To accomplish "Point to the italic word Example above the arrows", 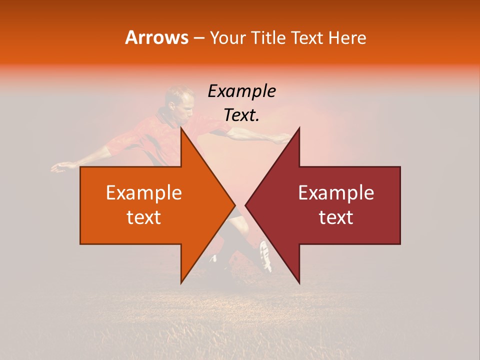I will (x=241, y=91).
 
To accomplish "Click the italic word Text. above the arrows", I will (x=241, y=115).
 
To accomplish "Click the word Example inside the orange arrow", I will (x=144, y=193).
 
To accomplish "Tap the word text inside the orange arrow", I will (x=144, y=217).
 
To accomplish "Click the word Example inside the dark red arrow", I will (x=336, y=193).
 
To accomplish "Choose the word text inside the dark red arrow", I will (x=336, y=217).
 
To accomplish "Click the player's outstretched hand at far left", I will (x=59, y=167).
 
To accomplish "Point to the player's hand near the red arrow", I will (x=282, y=138).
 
